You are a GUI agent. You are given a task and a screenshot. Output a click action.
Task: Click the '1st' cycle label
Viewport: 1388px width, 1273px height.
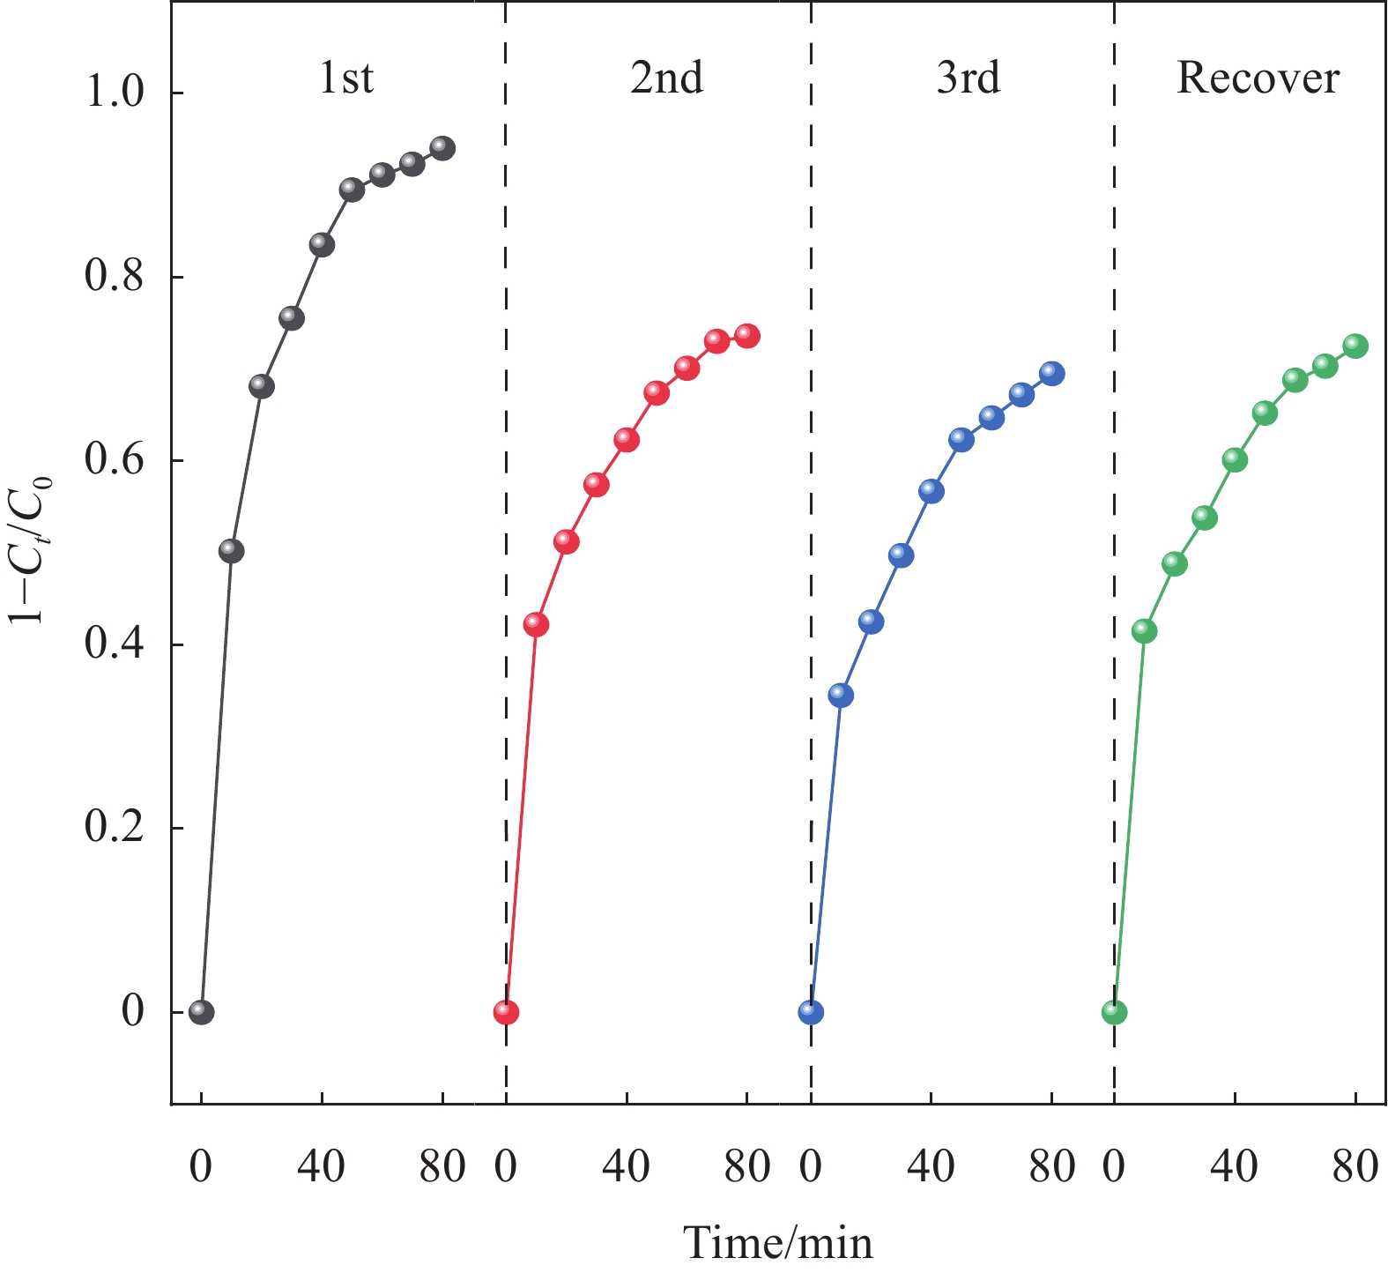click(346, 78)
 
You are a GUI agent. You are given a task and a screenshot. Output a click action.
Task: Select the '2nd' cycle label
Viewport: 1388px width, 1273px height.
click(666, 78)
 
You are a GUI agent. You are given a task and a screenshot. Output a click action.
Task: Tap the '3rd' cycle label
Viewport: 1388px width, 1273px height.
click(968, 78)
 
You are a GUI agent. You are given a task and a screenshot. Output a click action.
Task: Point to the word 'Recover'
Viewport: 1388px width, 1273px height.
click(1258, 78)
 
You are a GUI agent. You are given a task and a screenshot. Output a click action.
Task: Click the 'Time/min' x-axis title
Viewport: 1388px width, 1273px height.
click(778, 1242)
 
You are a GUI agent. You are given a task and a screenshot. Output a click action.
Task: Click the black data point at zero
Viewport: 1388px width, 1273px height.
click(201, 1011)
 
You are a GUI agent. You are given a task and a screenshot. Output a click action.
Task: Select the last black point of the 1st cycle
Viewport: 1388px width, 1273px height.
click(442, 147)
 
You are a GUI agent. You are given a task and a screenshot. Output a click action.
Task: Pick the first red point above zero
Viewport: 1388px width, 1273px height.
click(536, 624)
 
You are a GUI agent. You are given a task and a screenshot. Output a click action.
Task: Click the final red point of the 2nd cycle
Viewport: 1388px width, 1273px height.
click(747, 335)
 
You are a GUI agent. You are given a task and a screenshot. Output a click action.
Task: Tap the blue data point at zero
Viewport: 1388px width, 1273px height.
click(811, 1011)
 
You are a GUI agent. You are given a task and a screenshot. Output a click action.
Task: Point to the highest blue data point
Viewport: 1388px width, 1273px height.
click(1051, 373)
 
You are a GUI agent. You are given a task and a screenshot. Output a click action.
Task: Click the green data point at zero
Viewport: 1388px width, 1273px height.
click(1115, 1011)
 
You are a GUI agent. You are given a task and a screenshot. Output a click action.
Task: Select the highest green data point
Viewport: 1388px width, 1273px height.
click(1355, 346)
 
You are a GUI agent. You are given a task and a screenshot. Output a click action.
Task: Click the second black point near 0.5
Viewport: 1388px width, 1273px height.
click(231, 550)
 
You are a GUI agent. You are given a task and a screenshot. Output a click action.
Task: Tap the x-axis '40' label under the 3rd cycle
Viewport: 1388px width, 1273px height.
click(931, 1167)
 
